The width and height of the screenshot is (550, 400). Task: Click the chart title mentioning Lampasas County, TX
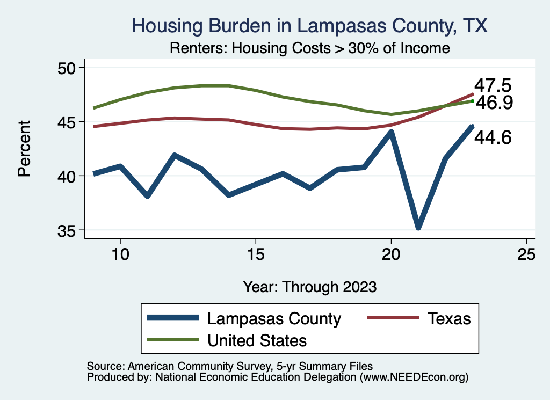pyautogui.click(x=310, y=26)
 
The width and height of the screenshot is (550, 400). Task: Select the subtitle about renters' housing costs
pyautogui.click(x=309, y=48)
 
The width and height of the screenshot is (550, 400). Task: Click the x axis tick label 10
pyautogui.click(x=120, y=254)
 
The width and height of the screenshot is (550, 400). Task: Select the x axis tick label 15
pyautogui.click(x=255, y=254)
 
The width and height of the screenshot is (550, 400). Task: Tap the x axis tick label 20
pyautogui.click(x=391, y=254)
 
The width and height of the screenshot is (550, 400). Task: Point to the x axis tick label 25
pyautogui.click(x=526, y=254)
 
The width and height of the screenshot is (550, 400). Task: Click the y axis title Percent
pyautogui.click(x=24, y=149)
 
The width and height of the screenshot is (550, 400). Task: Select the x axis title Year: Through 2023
pyautogui.click(x=309, y=286)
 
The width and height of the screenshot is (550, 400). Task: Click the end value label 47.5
pyautogui.click(x=492, y=86)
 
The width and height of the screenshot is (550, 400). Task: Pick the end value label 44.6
pyautogui.click(x=492, y=137)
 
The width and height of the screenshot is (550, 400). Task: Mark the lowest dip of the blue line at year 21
pyautogui.click(x=418, y=227)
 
